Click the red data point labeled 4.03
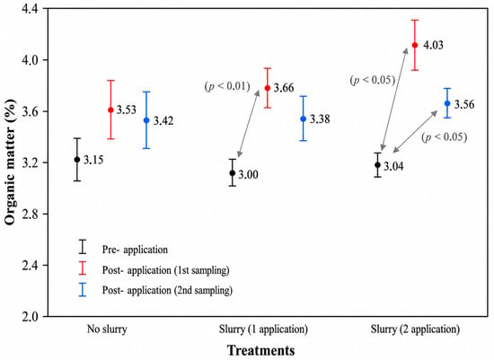[x=415, y=45]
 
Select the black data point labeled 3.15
[x=77, y=160]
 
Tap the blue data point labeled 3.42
[x=146, y=120]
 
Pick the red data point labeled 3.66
[x=268, y=88]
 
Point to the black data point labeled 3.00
[x=233, y=173]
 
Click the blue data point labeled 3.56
[x=447, y=103]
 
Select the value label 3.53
[x=127, y=110]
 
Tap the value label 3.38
[x=320, y=119]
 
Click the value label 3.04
[x=393, y=166]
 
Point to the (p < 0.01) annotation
[x=227, y=86]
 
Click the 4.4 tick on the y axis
[x=30, y=8]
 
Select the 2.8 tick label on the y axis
[x=30, y=215]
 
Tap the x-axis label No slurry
[x=107, y=329]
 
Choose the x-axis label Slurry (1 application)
[x=263, y=329]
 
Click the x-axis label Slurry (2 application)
[x=415, y=329]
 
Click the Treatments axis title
[x=261, y=350]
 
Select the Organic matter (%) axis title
[x=10, y=162]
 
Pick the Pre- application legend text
[x=135, y=250]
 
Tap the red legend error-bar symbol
[x=83, y=268]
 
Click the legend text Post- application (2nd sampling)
[x=167, y=290]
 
